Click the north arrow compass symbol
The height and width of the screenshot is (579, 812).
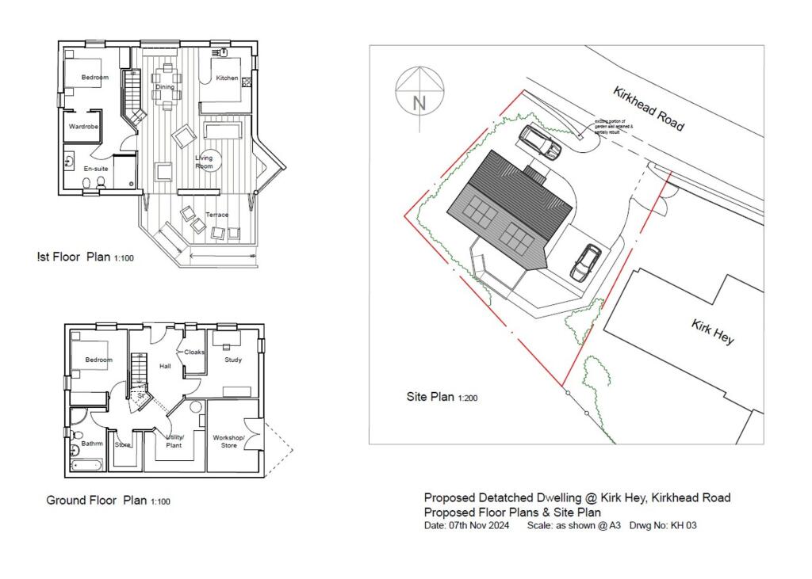419,93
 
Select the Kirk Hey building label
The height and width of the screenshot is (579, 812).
713,331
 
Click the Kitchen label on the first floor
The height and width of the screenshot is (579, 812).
227,78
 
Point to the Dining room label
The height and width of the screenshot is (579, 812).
165,87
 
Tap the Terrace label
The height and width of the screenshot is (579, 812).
216,215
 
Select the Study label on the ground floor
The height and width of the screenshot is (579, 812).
232,360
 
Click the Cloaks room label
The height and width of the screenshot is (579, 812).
194,352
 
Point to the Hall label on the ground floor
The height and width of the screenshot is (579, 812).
165,367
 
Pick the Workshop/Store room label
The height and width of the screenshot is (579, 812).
229,441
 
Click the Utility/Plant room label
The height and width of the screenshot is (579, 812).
174,441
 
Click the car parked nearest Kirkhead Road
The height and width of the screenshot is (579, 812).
540,142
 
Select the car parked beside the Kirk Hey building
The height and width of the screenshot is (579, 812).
585,262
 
